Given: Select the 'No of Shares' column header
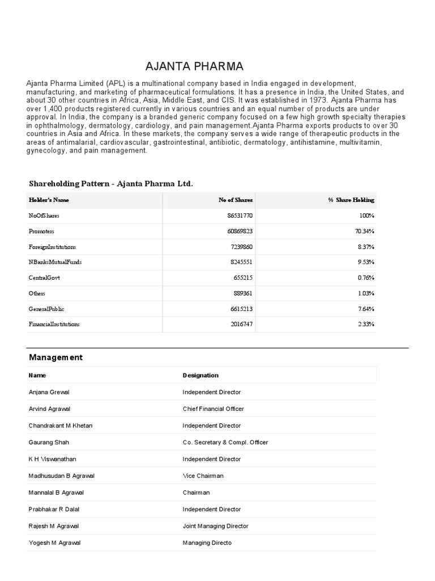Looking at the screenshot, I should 236,200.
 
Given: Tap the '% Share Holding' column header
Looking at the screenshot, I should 351,200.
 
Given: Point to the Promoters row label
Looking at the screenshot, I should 41,231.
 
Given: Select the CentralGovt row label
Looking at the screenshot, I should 44,278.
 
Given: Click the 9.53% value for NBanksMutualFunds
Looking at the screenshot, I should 366,263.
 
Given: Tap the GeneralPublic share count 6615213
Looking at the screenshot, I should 240,309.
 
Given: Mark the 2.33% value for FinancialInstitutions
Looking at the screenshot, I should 366,324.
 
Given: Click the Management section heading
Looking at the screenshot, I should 56,357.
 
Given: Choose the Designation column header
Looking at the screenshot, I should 201,375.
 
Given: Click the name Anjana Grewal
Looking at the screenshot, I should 49,392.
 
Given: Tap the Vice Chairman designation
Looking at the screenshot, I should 203,475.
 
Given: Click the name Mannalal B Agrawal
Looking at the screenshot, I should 56,492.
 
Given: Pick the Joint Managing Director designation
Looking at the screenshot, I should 215,526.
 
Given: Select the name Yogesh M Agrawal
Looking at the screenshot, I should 54,543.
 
